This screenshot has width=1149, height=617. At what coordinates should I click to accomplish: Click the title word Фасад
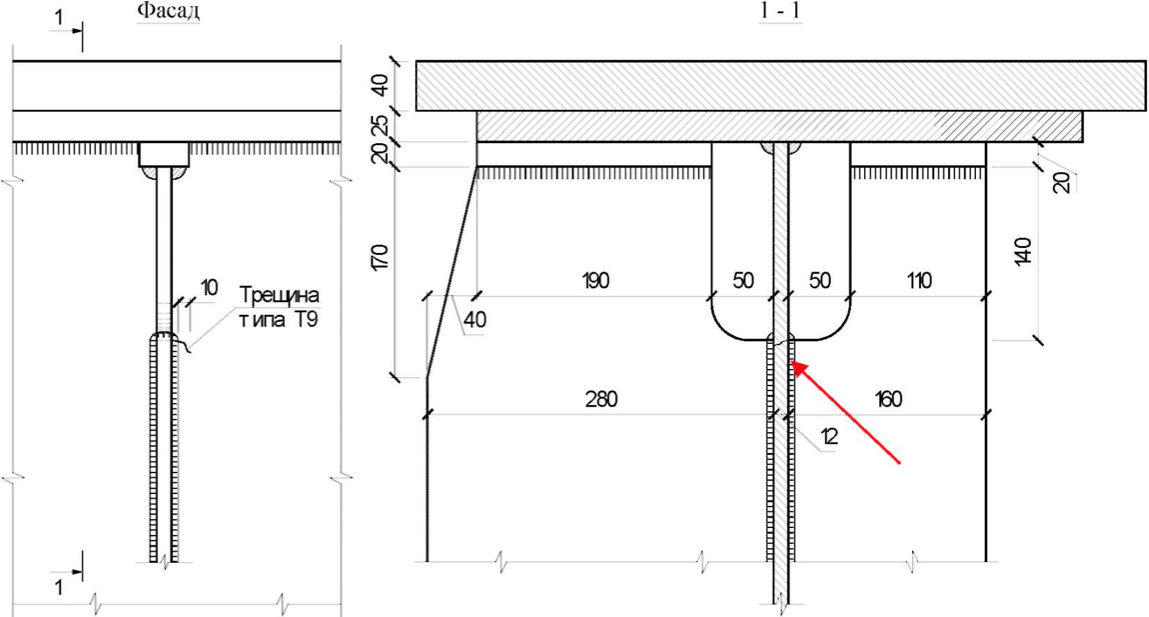169,11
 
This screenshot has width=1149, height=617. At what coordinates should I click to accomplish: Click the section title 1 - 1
780,11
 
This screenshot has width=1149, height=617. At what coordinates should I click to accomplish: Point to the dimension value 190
596,281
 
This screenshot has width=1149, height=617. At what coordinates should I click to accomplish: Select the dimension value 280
601,399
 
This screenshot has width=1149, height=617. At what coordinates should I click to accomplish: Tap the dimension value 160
888,399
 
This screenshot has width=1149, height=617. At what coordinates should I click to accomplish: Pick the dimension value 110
919,281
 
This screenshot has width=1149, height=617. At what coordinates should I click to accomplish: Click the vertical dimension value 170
380,258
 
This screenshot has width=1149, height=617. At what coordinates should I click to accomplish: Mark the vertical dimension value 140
1022,252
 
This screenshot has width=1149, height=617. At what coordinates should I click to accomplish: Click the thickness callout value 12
829,436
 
